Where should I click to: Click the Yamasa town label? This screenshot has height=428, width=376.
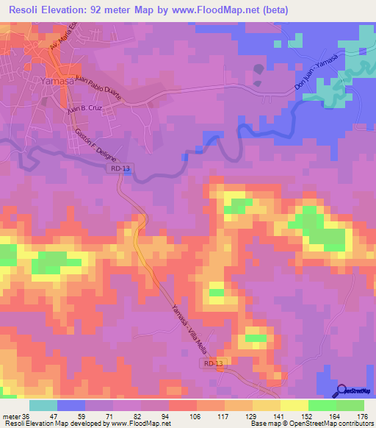[58, 82]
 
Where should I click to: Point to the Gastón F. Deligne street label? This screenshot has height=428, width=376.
[92, 143]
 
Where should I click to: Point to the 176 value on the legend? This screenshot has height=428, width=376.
[363, 415]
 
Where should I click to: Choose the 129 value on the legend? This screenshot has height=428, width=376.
[239, 415]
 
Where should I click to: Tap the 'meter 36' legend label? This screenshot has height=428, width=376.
[15, 415]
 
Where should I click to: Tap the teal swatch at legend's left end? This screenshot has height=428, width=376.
[43, 405]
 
